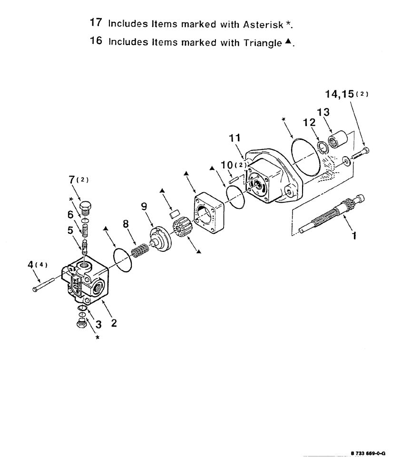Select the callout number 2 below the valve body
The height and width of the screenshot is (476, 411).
click(x=114, y=323)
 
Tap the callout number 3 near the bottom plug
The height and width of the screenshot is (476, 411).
click(x=98, y=325)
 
